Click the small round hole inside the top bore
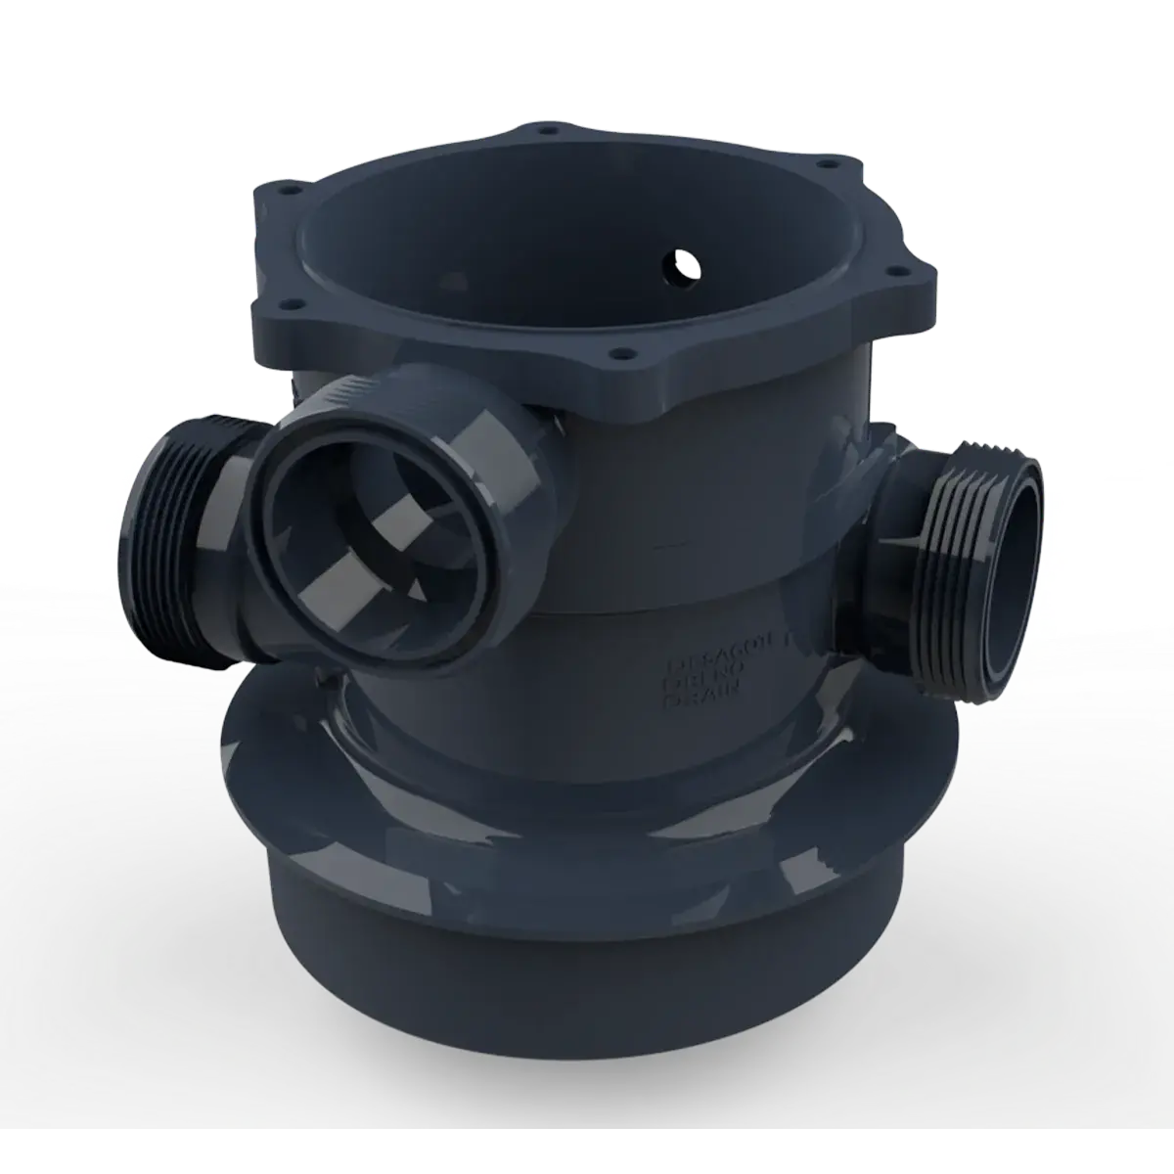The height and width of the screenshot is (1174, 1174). (678, 262)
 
